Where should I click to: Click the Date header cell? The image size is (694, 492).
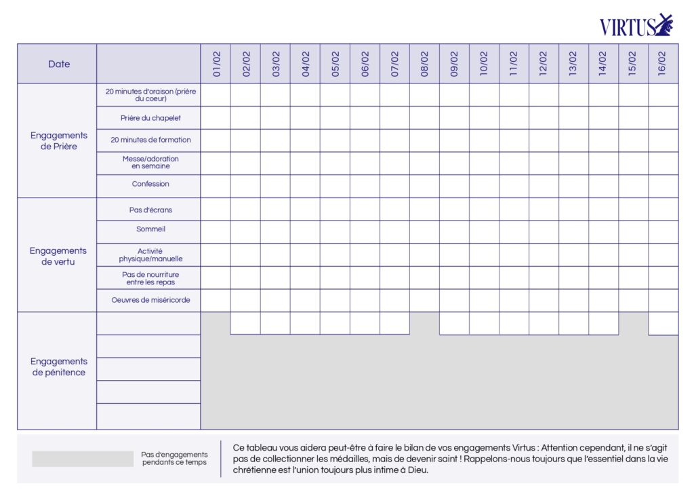click(x=59, y=64)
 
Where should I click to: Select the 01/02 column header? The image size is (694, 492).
click(x=216, y=64)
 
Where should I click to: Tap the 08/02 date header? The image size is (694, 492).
click(x=425, y=64)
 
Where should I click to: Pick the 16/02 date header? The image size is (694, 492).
click(x=663, y=64)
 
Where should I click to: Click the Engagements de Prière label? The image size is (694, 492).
click(x=59, y=140)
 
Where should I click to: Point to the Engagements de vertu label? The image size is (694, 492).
click(x=59, y=256)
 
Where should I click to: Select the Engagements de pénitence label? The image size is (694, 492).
click(x=59, y=366)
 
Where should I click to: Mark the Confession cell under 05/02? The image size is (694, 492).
click(x=335, y=186)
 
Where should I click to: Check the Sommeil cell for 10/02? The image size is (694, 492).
click(x=484, y=231)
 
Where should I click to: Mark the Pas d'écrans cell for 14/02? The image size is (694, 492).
click(x=603, y=209)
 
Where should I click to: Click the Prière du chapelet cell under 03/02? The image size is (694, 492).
click(x=275, y=117)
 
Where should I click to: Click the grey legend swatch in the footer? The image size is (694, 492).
click(x=82, y=459)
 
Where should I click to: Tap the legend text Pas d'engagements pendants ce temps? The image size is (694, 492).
click(x=174, y=458)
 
